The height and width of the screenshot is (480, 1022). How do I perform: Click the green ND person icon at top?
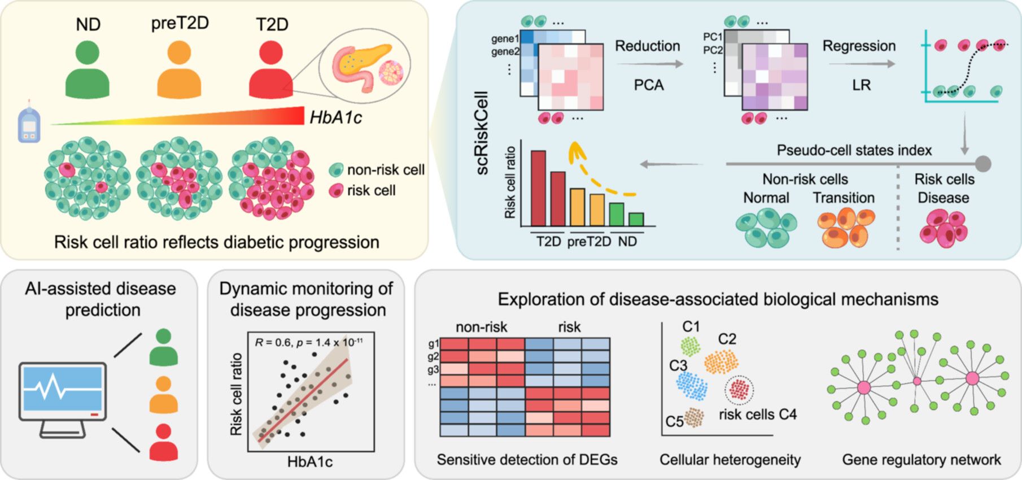(x=87, y=69)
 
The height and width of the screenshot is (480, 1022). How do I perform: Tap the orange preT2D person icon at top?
(x=179, y=69)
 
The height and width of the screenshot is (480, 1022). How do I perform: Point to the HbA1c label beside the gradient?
(x=335, y=117)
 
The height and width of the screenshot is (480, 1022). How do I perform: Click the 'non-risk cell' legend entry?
(x=377, y=169)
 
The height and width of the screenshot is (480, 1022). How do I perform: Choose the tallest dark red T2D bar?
(x=538, y=188)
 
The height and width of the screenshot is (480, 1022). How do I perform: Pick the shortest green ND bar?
(x=636, y=219)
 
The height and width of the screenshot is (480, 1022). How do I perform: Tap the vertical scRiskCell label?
(x=482, y=133)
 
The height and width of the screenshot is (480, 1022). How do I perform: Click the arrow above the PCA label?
(x=649, y=64)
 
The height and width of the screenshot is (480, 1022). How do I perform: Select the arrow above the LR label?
(x=862, y=64)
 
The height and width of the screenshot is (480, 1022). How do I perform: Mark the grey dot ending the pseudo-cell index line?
(x=983, y=164)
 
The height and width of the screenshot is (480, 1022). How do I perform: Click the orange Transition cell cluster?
(x=845, y=227)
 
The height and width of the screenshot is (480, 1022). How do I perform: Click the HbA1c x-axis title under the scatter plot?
(x=310, y=462)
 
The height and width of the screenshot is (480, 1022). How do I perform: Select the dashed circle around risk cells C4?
(x=739, y=390)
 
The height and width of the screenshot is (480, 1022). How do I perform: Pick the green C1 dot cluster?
(x=690, y=346)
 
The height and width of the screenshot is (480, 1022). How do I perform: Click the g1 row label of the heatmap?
(x=434, y=343)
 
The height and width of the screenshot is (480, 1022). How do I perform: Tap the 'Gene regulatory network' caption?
(x=921, y=460)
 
